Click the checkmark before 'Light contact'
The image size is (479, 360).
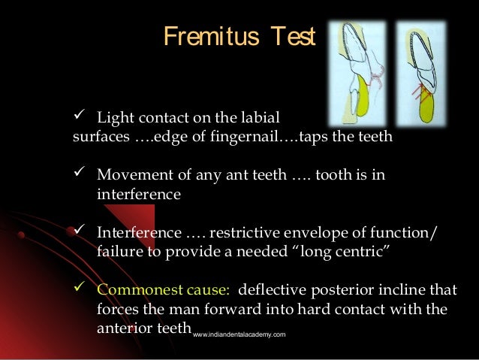(x=82, y=118)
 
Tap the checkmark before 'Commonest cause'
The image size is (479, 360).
(x=82, y=289)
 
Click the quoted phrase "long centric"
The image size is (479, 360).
(x=341, y=251)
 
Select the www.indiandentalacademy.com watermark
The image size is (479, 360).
(x=239, y=334)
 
